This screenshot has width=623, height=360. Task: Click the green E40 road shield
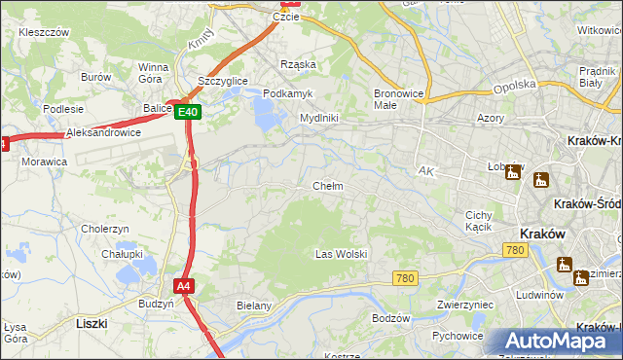click(189, 113)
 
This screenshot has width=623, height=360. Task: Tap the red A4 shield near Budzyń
click(183, 286)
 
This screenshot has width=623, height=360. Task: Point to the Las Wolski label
click(341, 254)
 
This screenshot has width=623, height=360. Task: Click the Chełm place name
click(327, 186)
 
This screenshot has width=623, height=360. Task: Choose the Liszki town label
click(91, 321)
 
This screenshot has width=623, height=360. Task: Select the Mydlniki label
click(318, 118)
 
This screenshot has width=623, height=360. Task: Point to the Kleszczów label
click(43, 32)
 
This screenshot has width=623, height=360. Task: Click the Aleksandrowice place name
click(103, 132)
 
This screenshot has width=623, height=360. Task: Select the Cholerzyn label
click(105, 229)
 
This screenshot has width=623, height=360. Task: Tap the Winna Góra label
click(154, 73)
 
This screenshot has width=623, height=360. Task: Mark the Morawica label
click(44, 161)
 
